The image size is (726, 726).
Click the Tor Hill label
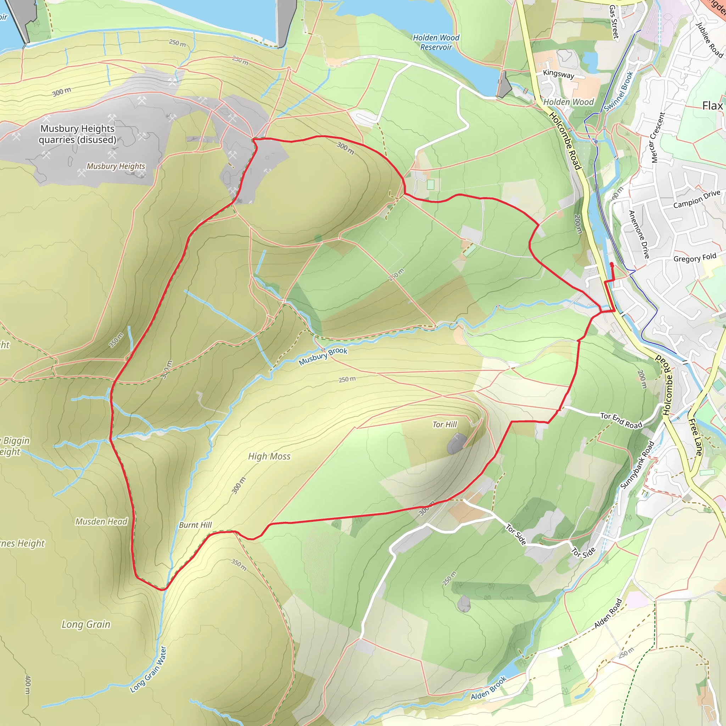pos(445,425)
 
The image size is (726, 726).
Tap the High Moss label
pos(269,457)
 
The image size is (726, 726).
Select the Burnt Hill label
pos(195,525)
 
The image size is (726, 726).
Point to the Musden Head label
pos(101,521)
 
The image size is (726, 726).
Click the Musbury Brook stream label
pos(323,356)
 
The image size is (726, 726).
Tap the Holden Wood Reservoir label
pos(436,43)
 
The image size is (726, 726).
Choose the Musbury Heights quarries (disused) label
pos(77,134)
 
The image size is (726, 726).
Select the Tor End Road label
pos(621,420)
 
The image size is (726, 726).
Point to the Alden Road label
pos(608,613)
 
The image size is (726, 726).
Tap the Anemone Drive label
pos(639,234)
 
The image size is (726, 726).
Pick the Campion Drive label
pos(697,199)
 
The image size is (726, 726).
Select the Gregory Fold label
pos(695,258)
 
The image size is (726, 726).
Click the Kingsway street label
pos(558,74)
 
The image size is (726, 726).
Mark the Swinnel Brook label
pos(619,91)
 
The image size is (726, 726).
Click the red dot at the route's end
pos(611,264)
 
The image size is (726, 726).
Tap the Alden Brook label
pos(488,688)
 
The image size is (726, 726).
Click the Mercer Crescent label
pos(658,138)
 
